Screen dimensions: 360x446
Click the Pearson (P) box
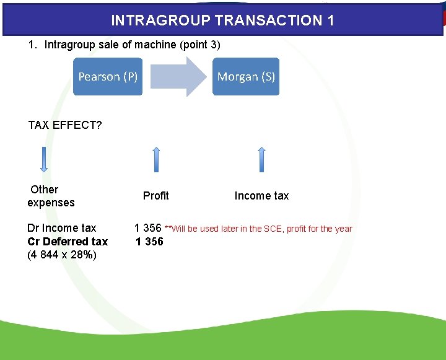108,77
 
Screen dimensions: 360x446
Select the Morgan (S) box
246,77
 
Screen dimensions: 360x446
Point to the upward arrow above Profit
156,160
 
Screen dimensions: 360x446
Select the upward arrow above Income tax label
261,160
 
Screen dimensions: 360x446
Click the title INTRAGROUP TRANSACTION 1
222,20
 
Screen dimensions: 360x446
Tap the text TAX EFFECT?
65,126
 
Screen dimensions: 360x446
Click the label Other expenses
50,196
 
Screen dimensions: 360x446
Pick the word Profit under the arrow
155,196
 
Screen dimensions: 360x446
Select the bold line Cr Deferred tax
68,242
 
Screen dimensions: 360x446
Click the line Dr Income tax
62,228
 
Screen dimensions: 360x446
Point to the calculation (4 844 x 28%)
62,255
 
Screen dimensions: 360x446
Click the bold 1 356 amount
150,242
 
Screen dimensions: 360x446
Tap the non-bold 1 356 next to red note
148,228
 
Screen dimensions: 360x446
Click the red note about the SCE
258,229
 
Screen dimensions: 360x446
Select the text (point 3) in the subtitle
199,45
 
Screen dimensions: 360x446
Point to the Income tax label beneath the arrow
261,196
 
